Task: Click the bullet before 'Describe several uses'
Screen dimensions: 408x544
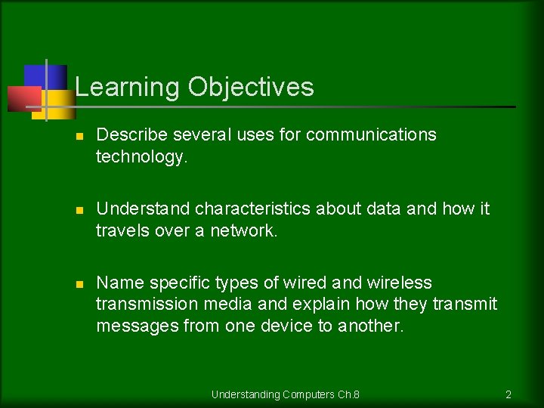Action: [79, 136]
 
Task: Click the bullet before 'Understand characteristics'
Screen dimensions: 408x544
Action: [79, 209]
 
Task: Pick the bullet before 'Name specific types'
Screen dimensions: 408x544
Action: [79, 283]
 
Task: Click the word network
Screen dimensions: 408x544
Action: [244, 230]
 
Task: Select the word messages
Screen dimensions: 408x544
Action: [134, 326]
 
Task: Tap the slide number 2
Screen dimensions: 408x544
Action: [508, 394]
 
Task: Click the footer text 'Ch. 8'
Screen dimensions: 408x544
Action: [348, 394]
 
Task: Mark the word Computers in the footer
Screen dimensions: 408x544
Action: [305, 394]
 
